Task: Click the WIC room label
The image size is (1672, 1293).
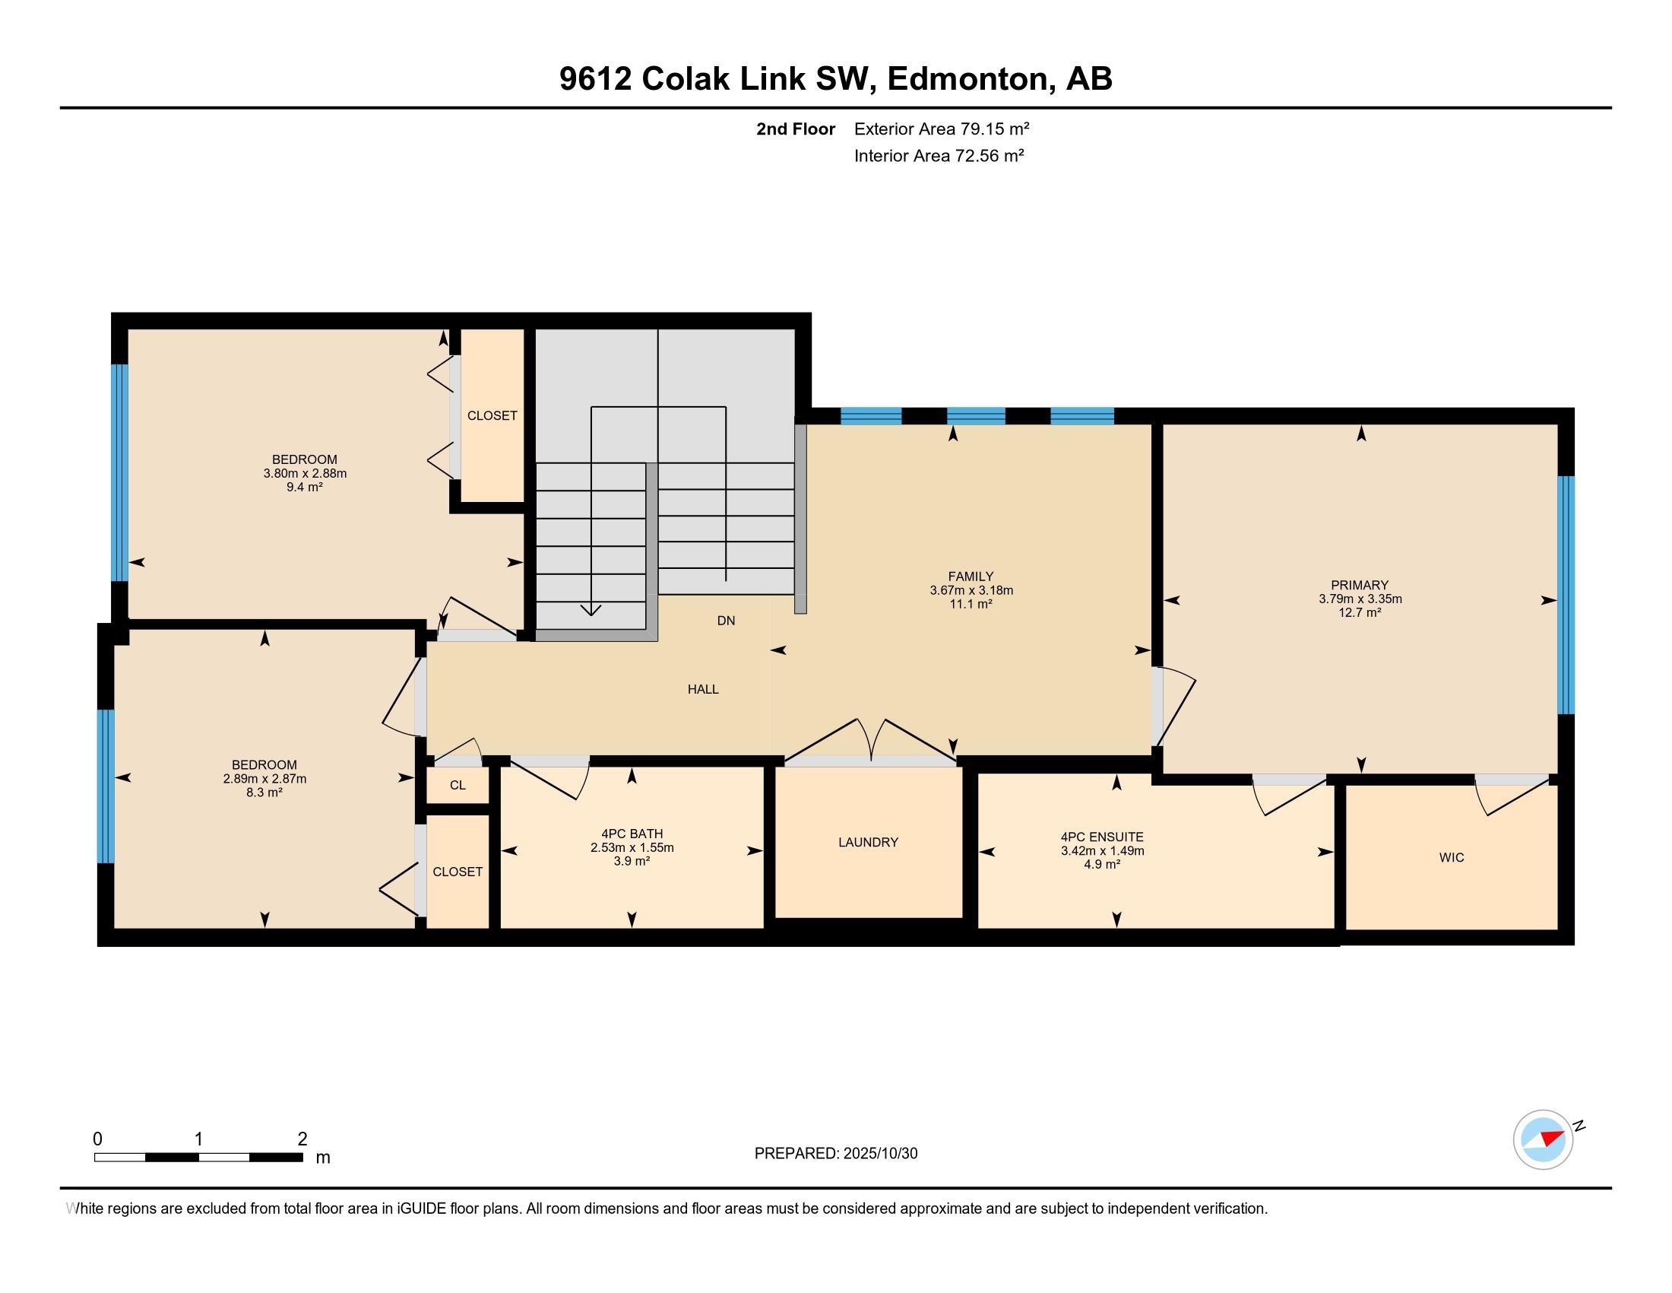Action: [x=1451, y=857]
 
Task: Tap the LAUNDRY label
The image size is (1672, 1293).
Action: [x=867, y=842]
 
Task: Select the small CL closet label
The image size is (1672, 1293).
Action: [x=457, y=785]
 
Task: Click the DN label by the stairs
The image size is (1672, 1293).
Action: [x=726, y=621]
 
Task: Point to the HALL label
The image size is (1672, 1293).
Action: [x=702, y=688]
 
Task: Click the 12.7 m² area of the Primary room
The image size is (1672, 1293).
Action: [x=1360, y=612]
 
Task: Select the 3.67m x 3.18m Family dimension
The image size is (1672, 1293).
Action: [x=971, y=589]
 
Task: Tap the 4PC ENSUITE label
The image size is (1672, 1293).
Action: [x=1102, y=837]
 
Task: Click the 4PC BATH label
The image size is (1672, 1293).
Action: [x=632, y=834]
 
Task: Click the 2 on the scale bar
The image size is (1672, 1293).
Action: [x=302, y=1139]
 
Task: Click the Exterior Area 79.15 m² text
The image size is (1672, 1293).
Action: [x=941, y=129]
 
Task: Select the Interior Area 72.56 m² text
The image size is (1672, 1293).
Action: [x=939, y=155]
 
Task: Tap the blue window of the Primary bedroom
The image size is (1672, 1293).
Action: [x=1566, y=595]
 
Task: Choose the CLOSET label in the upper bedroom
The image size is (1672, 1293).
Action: [x=492, y=415]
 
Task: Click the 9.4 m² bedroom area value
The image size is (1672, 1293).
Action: [x=304, y=487]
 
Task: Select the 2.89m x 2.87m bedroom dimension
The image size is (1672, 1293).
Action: [x=264, y=778]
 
